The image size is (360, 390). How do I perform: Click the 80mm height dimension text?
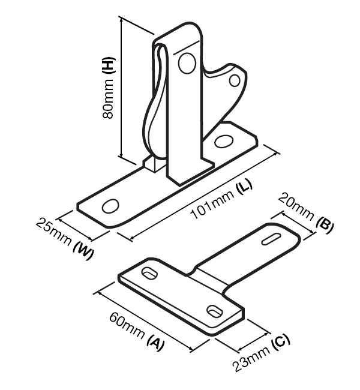coord(108,99)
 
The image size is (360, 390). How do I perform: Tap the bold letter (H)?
coord(109,65)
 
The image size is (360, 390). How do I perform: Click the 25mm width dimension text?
coord(53,232)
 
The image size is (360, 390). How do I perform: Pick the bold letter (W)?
coord(83,251)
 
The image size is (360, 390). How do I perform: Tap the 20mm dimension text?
coord(295,206)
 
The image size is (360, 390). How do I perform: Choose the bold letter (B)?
coord(325,225)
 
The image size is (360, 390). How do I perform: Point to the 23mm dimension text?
coord(251,359)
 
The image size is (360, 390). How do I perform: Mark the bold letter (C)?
coord(281,343)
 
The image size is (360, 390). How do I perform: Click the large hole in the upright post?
coord(187,63)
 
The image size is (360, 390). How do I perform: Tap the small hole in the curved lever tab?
coord(235,80)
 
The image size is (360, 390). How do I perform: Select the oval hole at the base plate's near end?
coord(110,206)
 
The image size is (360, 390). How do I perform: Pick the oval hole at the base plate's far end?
coord(224,141)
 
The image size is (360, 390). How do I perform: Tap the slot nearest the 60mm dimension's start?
coord(149,273)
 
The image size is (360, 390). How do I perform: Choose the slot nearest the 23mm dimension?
coord(215,311)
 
